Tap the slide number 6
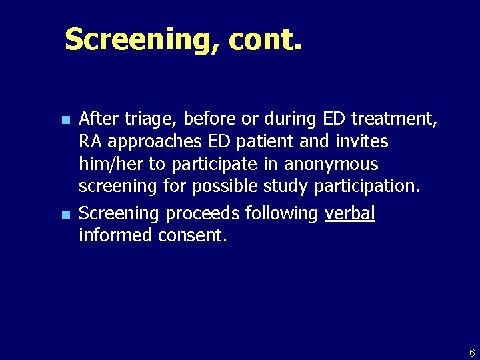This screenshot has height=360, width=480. click(472, 352)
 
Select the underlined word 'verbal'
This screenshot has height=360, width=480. click(350, 213)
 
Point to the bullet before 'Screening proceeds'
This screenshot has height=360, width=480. click(65, 215)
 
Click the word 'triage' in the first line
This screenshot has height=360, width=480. click(147, 120)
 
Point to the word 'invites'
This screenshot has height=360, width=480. click(363, 142)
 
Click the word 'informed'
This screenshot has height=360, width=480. click(116, 235)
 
